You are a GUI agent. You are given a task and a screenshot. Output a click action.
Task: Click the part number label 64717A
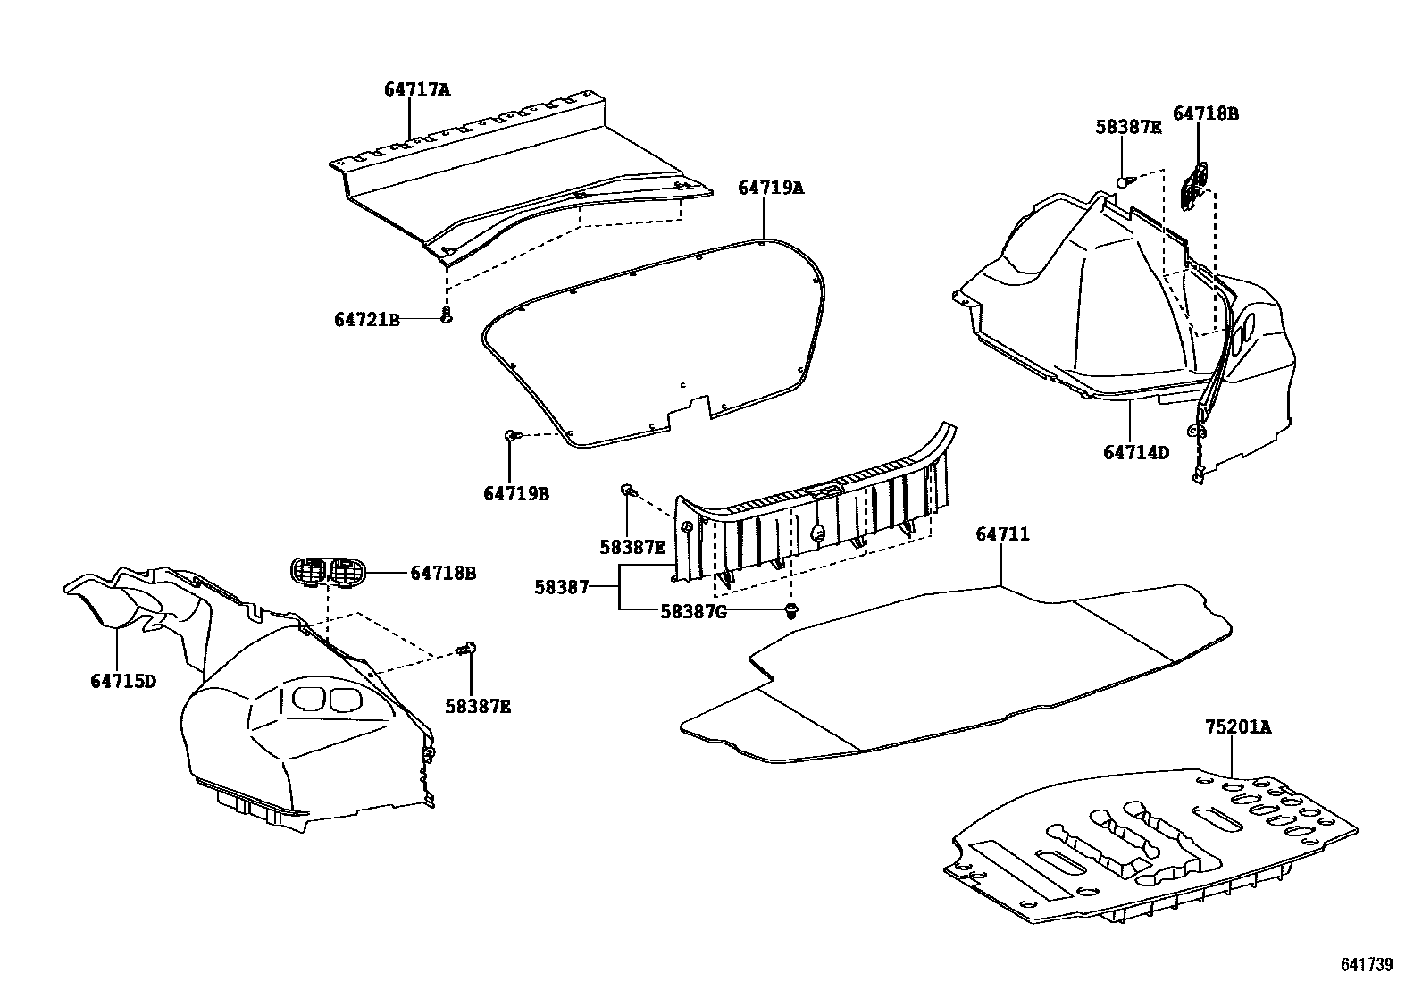pyautogui.click(x=417, y=89)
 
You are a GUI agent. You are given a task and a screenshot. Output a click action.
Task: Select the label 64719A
pyautogui.click(x=770, y=188)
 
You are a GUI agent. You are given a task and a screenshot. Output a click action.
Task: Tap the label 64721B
pyautogui.click(x=367, y=319)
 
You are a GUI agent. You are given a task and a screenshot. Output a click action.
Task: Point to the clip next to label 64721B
pyautogui.click(x=447, y=314)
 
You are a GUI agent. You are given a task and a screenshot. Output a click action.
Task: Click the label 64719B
pyautogui.click(x=516, y=493)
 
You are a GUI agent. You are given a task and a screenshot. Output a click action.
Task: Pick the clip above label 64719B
pyautogui.click(x=511, y=435)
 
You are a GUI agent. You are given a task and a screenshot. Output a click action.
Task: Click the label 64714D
pyautogui.click(x=1135, y=453)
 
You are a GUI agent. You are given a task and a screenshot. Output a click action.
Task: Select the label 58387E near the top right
pyautogui.click(x=1128, y=128)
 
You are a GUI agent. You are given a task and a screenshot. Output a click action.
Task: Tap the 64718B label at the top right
pyautogui.click(x=1205, y=113)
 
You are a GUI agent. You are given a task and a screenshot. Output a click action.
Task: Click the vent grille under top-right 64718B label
pyautogui.click(x=1193, y=185)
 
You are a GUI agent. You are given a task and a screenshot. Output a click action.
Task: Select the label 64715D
pyautogui.click(x=123, y=681)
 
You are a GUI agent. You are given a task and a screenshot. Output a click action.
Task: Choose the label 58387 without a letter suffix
pyautogui.click(x=562, y=587)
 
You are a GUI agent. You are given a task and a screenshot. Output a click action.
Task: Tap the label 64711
pyautogui.click(x=1002, y=534)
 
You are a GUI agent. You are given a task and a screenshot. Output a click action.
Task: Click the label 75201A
pyautogui.click(x=1237, y=726)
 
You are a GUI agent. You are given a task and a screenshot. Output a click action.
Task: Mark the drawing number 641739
pyautogui.click(x=1367, y=964)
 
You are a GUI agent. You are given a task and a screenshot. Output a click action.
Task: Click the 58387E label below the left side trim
pyautogui.click(x=478, y=707)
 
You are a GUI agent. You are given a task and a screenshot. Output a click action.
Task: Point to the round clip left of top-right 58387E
pyautogui.click(x=1124, y=181)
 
